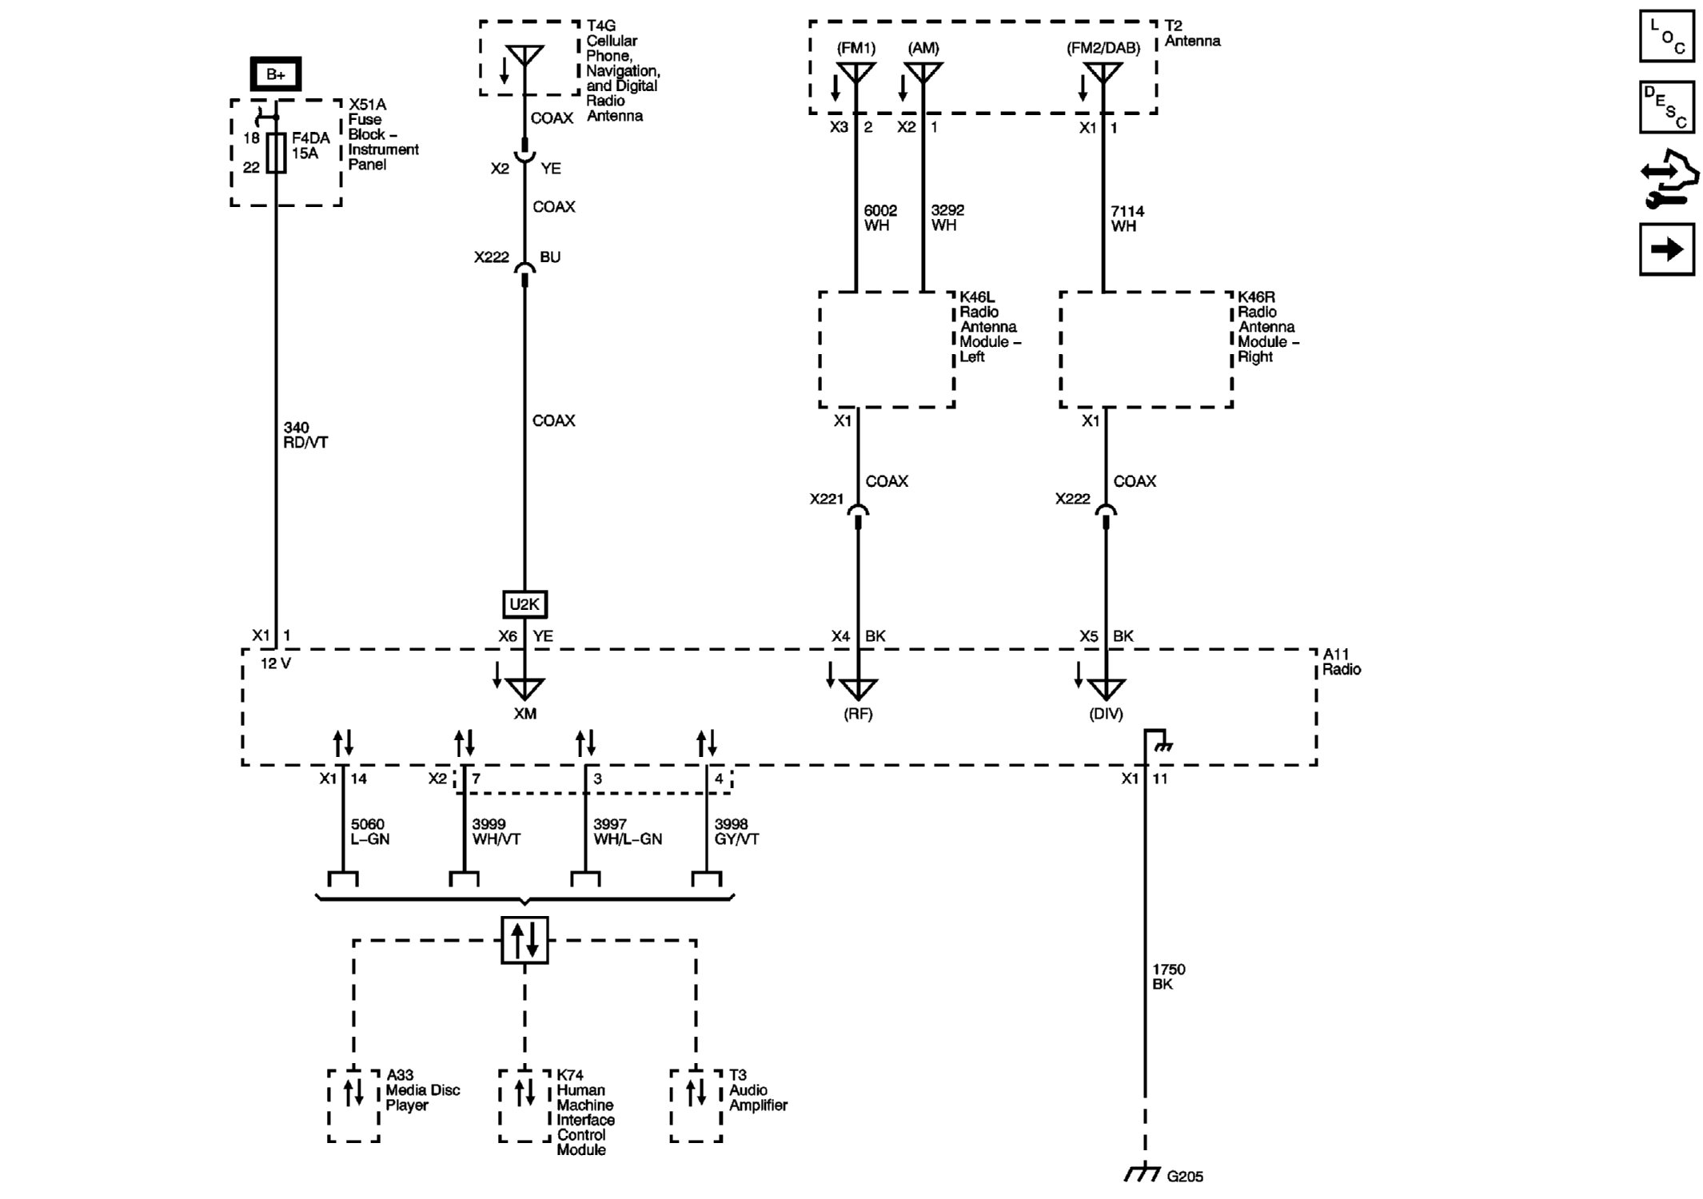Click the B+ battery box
(x=275, y=74)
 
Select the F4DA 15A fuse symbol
(x=276, y=153)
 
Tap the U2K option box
(x=524, y=604)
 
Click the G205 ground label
(x=1184, y=1176)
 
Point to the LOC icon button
(x=1666, y=36)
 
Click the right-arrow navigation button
(x=1666, y=250)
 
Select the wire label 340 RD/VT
(x=305, y=435)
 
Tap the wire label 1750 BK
(x=1168, y=976)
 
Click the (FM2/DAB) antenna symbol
(x=1103, y=74)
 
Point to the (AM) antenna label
(x=923, y=48)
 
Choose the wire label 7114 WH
(x=1127, y=218)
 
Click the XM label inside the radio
(x=524, y=713)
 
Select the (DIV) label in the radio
(x=1106, y=714)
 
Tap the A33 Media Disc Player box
(x=353, y=1105)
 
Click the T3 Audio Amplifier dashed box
(x=696, y=1105)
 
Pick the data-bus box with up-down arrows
(x=524, y=939)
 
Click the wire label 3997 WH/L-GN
(x=627, y=831)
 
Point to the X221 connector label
(x=826, y=499)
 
